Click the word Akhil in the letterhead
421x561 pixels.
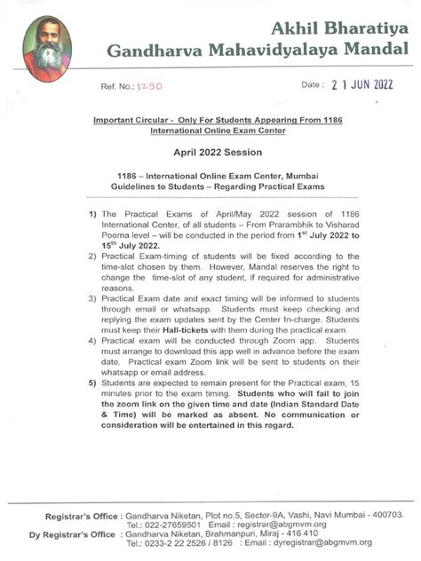pyautogui.click(x=274, y=26)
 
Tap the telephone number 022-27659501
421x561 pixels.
pyautogui.click(x=168, y=525)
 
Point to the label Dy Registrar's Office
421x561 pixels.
pyautogui.click(x=71, y=534)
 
